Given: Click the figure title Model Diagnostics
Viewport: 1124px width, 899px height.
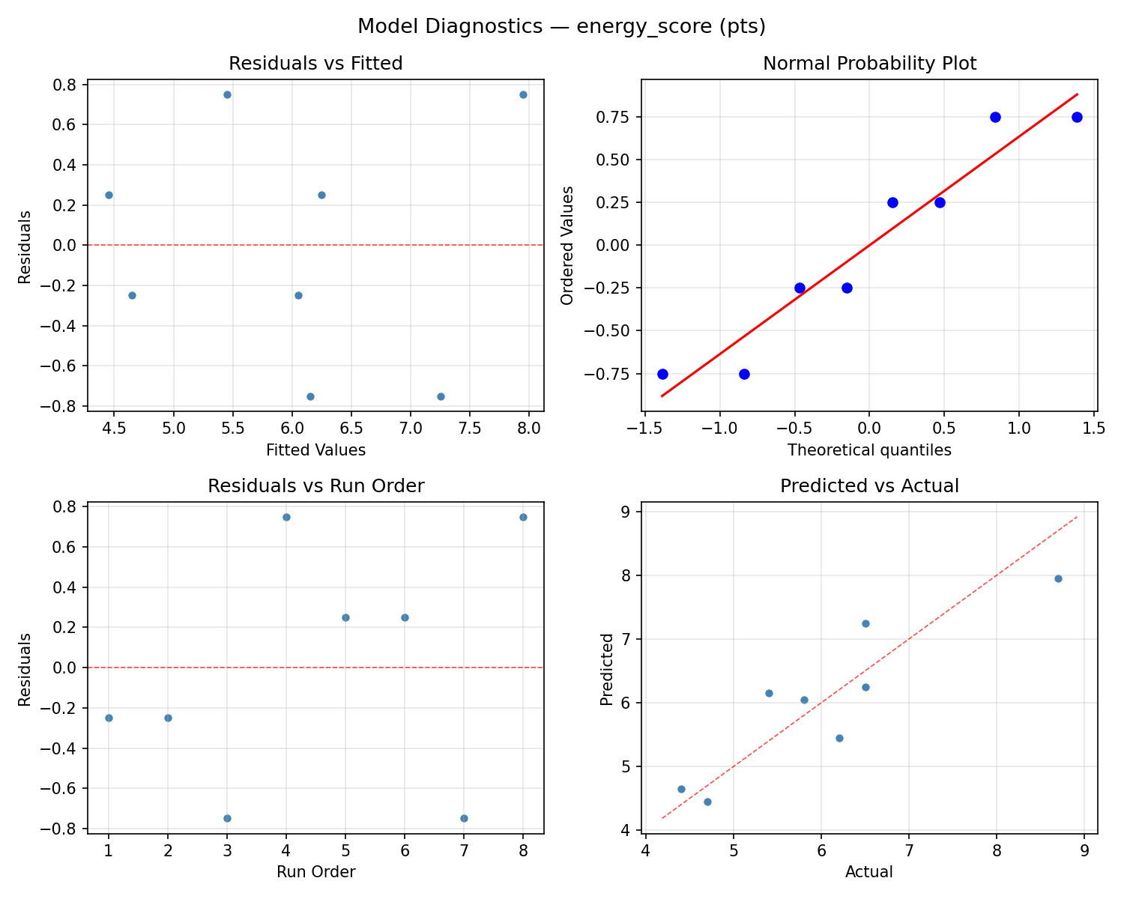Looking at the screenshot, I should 561,26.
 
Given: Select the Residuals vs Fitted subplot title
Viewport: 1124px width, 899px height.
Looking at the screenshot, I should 315,64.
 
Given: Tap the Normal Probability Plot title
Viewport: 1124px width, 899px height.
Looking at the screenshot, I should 869,64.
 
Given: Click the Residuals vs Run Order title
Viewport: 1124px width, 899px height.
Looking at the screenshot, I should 315,486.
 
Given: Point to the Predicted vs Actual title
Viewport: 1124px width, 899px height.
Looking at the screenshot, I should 869,486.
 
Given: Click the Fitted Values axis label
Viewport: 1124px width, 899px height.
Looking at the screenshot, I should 315,450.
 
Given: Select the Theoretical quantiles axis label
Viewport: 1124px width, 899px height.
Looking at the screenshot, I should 869,450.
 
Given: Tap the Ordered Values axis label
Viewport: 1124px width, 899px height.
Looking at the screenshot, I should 567,246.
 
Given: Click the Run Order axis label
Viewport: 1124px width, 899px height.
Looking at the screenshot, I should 315,872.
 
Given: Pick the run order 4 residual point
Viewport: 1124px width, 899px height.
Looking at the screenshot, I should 286,517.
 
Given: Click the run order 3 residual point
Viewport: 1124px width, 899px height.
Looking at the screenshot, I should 227,818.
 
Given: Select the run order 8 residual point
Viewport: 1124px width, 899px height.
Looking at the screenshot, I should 523,517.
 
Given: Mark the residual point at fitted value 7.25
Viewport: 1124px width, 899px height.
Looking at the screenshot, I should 441,396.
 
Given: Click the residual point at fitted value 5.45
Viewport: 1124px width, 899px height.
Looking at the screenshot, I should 227,94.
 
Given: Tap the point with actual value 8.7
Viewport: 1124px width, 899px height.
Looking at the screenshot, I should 1058,578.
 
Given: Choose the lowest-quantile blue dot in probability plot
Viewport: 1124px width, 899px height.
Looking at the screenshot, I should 662,374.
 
